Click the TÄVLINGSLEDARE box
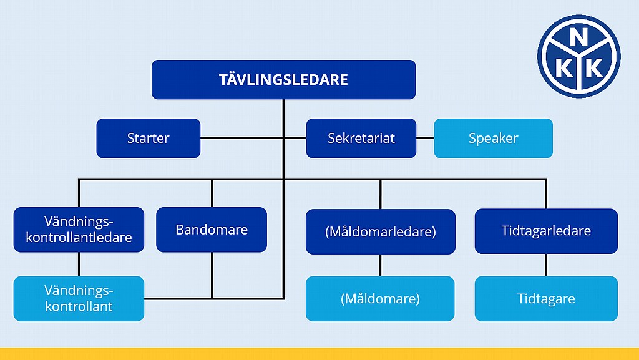[x=284, y=79]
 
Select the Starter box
[x=149, y=138]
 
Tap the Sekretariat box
[x=361, y=138]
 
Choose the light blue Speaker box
[x=493, y=138]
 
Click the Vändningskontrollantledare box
[x=79, y=230]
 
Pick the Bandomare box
[x=212, y=230]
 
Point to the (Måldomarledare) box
[x=381, y=231]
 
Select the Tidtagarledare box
[x=546, y=231]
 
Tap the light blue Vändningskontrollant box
[x=79, y=298]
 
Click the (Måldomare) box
[x=380, y=298]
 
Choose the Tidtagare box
[x=546, y=298]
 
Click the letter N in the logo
[x=578, y=39]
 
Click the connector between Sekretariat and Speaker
[x=425, y=138]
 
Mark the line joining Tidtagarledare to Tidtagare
[x=546, y=265]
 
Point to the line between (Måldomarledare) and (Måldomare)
[x=381, y=266]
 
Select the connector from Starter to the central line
[x=242, y=138]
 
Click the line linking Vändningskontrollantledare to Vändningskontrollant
[x=79, y=265]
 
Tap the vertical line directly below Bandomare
[x=212, y=276]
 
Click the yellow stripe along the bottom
[x=319, y=354]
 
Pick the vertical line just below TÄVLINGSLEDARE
[x=284, y=118]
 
